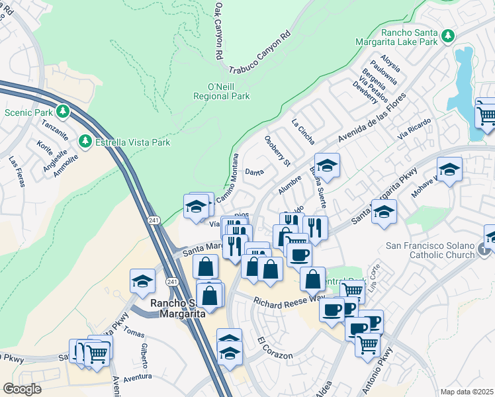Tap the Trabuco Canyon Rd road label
pos(260,52)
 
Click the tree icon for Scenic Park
pos(64,111)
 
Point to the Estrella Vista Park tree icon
pos(85,141)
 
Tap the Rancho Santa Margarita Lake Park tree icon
pos(448,34)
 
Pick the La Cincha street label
pos(303,131)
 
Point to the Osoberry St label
pos(277,150)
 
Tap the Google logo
pos(22,388)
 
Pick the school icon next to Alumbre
pos(326,165)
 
